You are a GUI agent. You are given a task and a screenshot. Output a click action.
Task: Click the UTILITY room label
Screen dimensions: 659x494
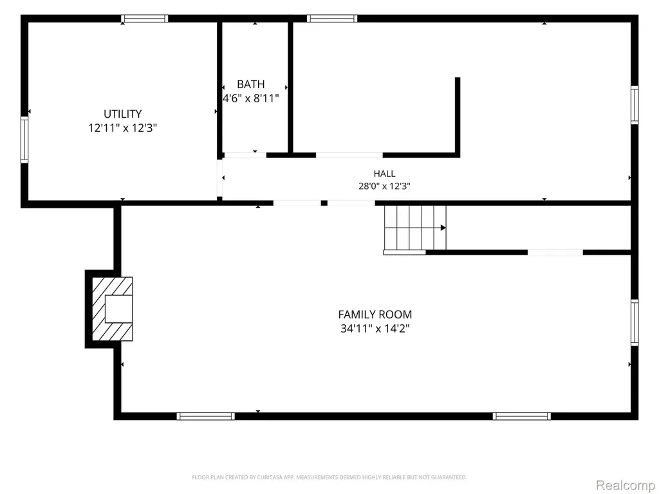[x=123, y=114]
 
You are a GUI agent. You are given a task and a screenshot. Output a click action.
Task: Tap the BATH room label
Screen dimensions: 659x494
[x=251, y=84]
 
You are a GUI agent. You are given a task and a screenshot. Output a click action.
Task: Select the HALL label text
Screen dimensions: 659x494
[x=384, y=174]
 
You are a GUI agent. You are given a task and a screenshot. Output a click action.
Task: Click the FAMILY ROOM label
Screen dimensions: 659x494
[x=375, y=314]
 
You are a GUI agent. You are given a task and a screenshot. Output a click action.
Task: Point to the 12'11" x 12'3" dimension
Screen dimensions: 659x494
[x=123, y=128]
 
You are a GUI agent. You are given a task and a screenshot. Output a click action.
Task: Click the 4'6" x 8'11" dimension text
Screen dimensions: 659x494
[x=251, y=98]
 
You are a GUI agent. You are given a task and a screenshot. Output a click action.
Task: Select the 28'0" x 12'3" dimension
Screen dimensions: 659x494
[x=384, y=186]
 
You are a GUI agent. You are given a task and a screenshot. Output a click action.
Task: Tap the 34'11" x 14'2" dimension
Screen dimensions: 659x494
[x=375, y=328]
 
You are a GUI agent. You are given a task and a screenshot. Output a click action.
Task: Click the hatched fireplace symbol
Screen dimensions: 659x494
[x=112, y=309]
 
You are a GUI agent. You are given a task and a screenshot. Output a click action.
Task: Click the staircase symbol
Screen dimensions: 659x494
[x=415, y=228]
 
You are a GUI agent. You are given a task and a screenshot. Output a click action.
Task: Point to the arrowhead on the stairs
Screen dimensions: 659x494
[x=443, y=228]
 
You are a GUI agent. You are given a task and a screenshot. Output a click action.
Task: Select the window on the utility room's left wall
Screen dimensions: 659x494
[x=24, y=140]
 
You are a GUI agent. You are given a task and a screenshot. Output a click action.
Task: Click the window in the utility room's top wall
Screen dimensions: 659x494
[x=145, y=19]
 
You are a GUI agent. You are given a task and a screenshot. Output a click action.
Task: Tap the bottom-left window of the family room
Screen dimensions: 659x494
[x=205, y=416]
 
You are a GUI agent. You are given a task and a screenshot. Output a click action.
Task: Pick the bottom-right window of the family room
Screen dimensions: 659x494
[x=521, y=416]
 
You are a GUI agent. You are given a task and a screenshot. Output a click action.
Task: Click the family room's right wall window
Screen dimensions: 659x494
[x=635, y=323]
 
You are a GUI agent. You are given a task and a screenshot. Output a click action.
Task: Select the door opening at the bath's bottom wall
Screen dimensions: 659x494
[x=245, y=155]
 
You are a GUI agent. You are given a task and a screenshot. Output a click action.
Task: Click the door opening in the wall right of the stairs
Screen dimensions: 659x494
[x=555, y=252]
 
